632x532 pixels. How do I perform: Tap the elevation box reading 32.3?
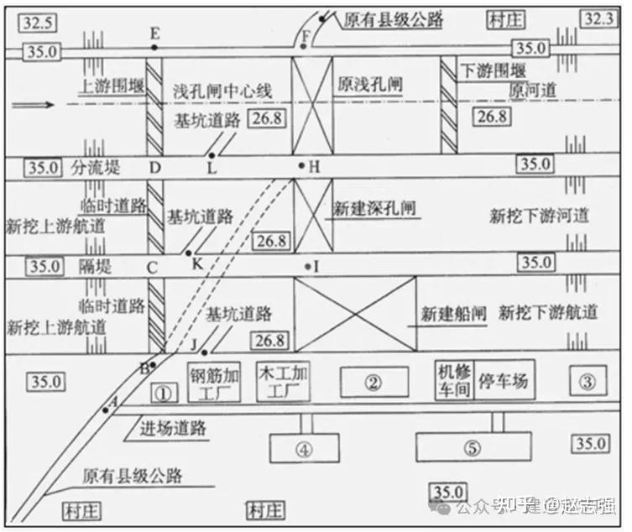602,18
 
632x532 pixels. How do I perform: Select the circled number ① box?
165,391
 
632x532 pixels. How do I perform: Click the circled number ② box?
373,383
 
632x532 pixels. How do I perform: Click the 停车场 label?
503,381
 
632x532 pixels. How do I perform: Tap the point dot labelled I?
308,267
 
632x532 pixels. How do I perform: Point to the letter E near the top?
154,33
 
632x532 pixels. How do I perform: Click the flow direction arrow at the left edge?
33,106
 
